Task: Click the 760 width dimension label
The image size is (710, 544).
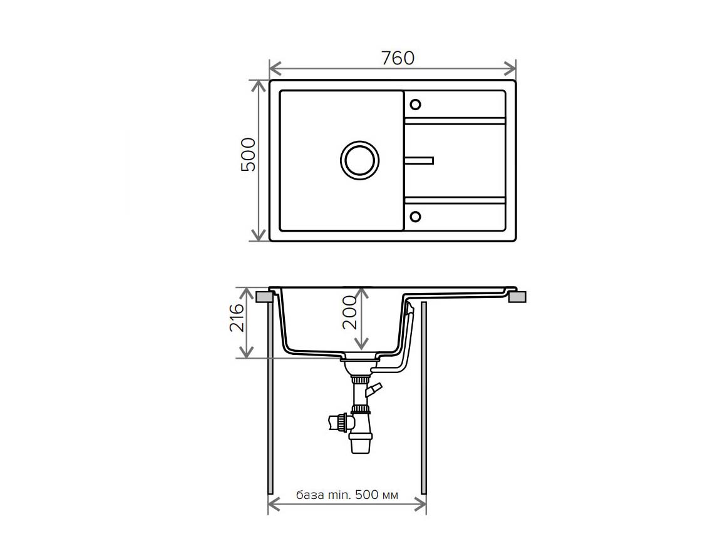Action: click(398, 58)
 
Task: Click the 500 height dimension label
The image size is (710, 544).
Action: click(248, 155)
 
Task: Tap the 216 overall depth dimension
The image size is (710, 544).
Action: click(237, 318)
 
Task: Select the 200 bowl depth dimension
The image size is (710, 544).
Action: click(349, 312)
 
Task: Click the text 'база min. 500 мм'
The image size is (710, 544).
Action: click(347, 495)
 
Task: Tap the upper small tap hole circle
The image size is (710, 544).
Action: click(415, 105)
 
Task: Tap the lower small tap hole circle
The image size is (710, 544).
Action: click(415, 217)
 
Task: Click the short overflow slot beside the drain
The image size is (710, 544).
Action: click(419, 161)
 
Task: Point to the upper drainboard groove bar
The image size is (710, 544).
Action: click(455, 121)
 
